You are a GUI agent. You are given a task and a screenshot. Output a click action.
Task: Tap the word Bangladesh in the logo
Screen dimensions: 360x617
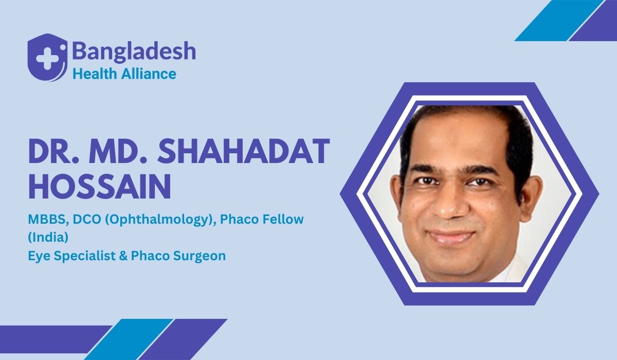coord(134,51)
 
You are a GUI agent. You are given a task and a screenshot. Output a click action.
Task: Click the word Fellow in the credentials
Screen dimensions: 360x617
coord(284,220)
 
